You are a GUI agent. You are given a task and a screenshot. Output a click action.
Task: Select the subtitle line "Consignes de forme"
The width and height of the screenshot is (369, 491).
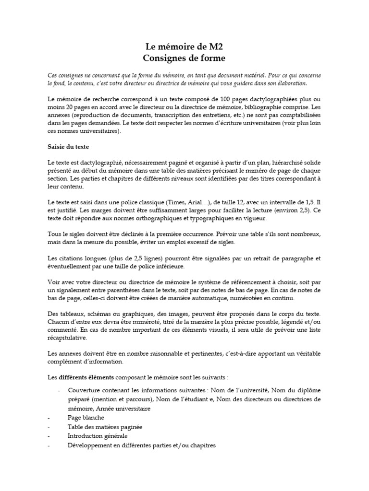(x=184, y=58)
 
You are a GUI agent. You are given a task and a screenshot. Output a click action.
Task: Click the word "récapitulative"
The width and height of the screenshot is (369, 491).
(x=68, y=338)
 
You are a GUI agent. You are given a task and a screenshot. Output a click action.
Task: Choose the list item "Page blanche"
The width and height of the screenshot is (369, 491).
(x=86, y=418)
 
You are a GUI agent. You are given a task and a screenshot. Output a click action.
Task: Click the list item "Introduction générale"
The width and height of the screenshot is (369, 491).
(x=98, y=436)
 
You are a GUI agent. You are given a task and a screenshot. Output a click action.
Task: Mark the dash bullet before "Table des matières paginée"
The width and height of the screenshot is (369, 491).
(x=49, y=427)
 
